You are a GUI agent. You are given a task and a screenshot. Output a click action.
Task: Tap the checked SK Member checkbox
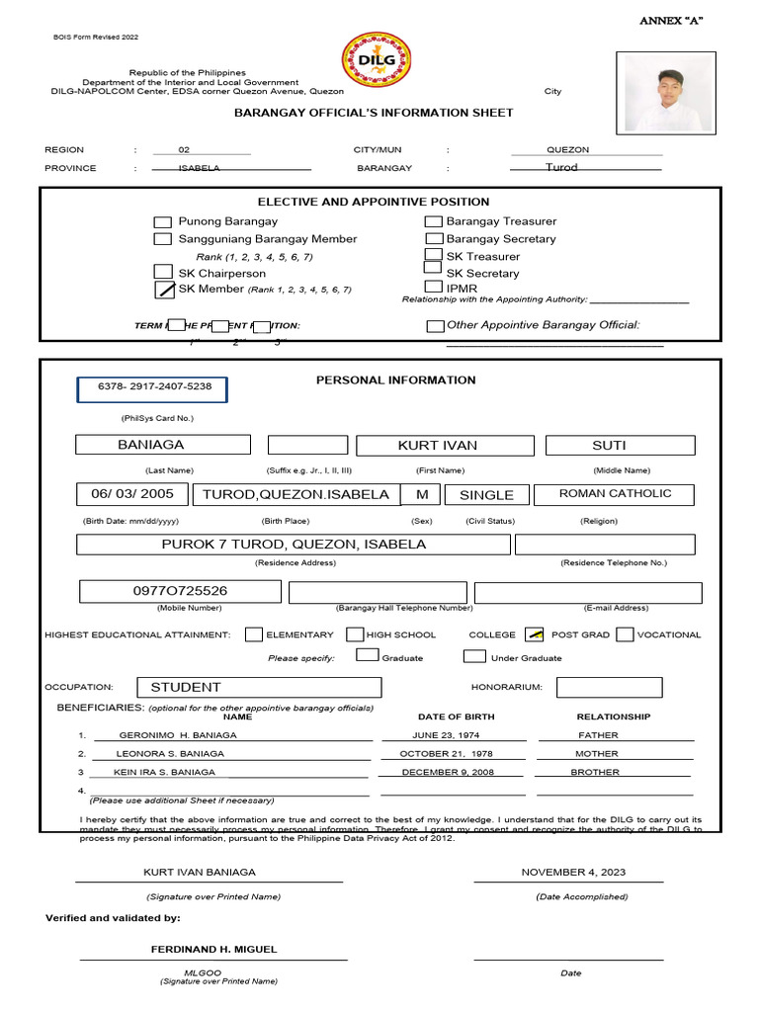tap(164, 290)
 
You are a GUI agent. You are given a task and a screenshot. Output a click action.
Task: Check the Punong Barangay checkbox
tap(163, 222)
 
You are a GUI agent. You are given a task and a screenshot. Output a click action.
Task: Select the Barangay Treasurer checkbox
tap(434, 222)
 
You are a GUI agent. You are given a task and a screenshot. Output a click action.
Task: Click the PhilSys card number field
tap(152, 390)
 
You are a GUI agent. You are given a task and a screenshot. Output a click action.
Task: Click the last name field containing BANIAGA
tap(165, 446)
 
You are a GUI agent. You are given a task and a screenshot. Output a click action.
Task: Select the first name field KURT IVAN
tap(445, 446)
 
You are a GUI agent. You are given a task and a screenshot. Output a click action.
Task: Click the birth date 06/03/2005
tap(132, 494)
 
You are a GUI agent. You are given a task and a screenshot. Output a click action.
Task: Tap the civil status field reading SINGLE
tap(486, 495)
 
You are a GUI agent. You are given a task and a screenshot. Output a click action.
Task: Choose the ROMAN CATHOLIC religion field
tap(614, 494)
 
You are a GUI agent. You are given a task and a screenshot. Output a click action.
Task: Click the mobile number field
tap(180, 591)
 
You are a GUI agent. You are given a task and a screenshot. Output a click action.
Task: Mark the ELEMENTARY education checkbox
tap(254, 634)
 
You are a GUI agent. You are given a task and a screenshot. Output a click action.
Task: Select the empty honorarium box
tap(609, 687)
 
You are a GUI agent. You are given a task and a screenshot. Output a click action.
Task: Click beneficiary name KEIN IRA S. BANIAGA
tap(165, 773)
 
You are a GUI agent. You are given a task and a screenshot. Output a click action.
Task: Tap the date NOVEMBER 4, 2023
tap(573, 873)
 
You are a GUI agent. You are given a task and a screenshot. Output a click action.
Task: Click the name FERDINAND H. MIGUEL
tap(213, 949)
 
